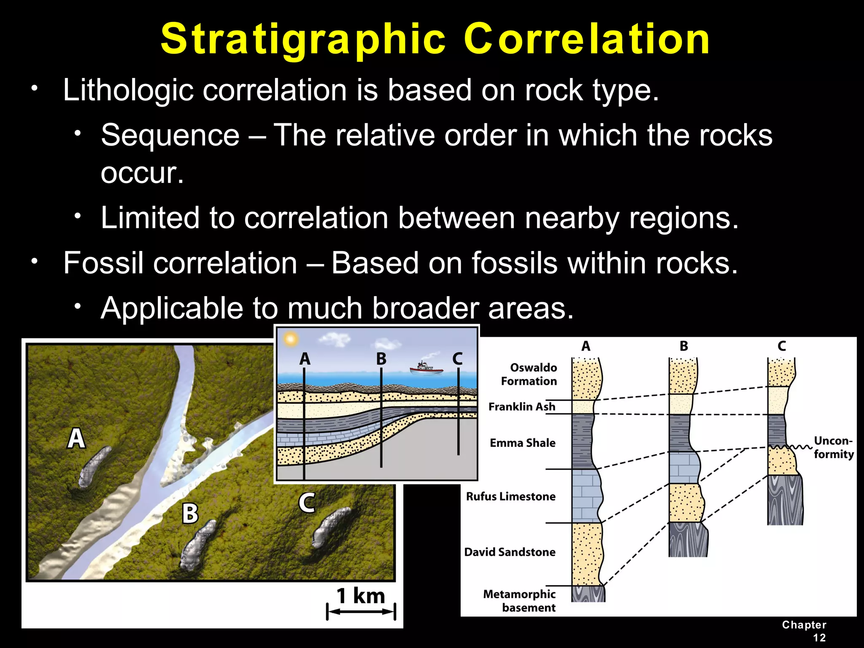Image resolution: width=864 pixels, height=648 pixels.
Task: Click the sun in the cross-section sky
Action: [290, 339]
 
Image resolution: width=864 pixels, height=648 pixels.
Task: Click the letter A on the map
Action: [76, 438]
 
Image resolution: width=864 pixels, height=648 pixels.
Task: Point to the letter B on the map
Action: [190, 513]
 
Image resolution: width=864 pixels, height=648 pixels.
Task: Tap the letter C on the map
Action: [307, 502]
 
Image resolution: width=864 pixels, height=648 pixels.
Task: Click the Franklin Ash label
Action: [522, 407]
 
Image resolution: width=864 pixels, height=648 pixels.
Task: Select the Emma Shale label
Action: [522, 443]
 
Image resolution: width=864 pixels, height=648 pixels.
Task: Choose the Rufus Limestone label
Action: [510, 497]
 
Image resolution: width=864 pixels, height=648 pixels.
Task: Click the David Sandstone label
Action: [510, 552]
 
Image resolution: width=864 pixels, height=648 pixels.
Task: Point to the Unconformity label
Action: [833, 447]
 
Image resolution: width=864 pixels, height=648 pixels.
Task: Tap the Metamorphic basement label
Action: [519, 601]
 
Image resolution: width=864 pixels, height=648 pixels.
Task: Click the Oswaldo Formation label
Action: [529, 374]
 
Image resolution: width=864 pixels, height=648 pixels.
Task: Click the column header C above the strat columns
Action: [782, 346]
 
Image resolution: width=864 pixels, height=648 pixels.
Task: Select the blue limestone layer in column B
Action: [683, 467]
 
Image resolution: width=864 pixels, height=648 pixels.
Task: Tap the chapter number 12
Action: [819, 637]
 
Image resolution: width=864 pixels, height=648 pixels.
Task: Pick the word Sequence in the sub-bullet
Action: [170, 135]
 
